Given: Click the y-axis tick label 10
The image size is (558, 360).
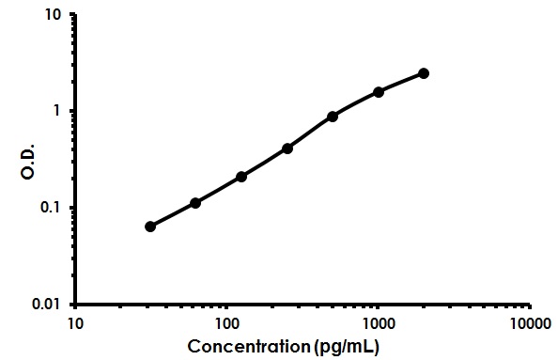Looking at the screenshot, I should pos(54,15).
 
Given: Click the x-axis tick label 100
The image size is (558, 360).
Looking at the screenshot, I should pos(226,324).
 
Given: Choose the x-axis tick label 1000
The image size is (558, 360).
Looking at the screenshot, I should pos(378,324).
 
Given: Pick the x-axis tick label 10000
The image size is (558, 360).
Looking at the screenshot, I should pos(530,324).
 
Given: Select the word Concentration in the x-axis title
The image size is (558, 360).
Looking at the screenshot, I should pos(248,346).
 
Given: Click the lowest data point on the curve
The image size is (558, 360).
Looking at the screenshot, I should pos(150,227).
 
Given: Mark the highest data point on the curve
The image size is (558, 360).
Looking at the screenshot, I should pos(424,73).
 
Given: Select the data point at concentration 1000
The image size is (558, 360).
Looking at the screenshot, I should pos(379,92).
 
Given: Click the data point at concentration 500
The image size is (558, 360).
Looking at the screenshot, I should pos(333,117).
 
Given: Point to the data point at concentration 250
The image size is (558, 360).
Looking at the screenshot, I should pos(287,149).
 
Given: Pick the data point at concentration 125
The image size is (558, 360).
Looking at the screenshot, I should pos(241,177).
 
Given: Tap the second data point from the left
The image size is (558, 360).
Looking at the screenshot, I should pos(195,203).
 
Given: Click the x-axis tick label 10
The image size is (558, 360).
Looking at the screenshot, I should pos(75,324).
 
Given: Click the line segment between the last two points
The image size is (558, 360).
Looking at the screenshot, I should pos(401,82).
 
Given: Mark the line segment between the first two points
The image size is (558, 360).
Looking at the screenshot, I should pos(173,215).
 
